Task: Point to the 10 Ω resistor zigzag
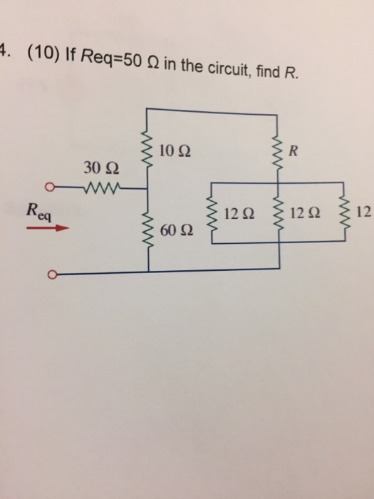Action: point(148,151)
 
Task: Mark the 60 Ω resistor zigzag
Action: point(148,230)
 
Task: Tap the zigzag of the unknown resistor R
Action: point(276,151)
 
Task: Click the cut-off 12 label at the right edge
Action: point(365,212)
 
